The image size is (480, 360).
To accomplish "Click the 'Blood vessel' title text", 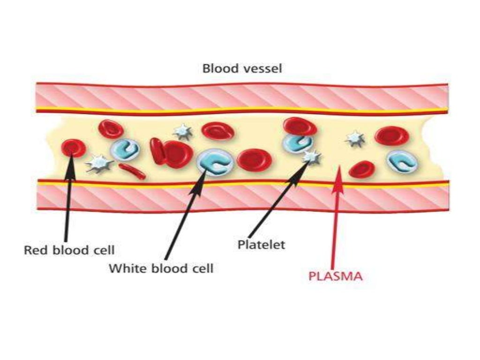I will click(x=242, y=68).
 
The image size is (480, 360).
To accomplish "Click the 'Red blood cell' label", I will click(x=69, y=249).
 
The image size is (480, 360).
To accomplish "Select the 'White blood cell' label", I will click(x=161, y=269).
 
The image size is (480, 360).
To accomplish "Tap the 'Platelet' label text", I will click(x=261, y=245).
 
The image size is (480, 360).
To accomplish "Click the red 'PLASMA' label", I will click(x=335, y=276).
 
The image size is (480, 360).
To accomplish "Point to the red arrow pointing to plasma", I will click(x=335, y=220).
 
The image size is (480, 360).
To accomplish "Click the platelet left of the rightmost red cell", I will click(x=355, y=138).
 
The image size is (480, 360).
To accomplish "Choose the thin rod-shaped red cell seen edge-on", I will click(x=132, y=171).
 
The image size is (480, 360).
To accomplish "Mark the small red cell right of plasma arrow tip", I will click(x=361, y=169).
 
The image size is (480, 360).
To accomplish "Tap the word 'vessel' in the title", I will click(x=266, y=68).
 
